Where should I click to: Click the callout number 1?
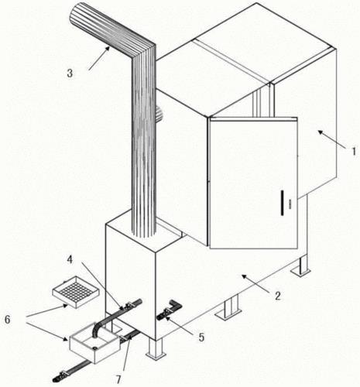(x=354, y=151)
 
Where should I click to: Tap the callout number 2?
(x=277, y=296)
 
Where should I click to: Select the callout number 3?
(x=70, y=74)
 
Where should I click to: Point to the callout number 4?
(x=70, y=260)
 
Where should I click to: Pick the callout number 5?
(x=201, y=337)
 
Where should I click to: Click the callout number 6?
(x=8, y=320)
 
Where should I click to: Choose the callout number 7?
(x=118, y=379)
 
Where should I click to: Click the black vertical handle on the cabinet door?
(x=282, y=203)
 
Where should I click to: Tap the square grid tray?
(x=76, y=292)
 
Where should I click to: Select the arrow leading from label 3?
(x=99, y=58)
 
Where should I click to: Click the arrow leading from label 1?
(x=331, y=140)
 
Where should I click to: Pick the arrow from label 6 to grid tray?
(x=46, y=310)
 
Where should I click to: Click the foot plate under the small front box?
(x=156, y=355)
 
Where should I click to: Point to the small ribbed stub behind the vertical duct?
(x=159, y=114)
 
